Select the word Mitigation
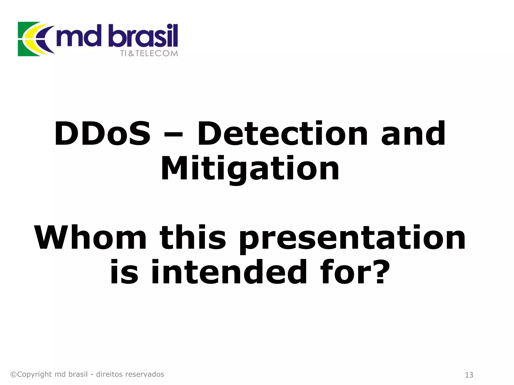pyautogui.click(x=250, y=168)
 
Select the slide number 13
pyautogui.click(x=469, y=375)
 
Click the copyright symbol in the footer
pyautogui.click(x=13, y=374)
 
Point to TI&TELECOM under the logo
pyautogui.click(x=149, y=53)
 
